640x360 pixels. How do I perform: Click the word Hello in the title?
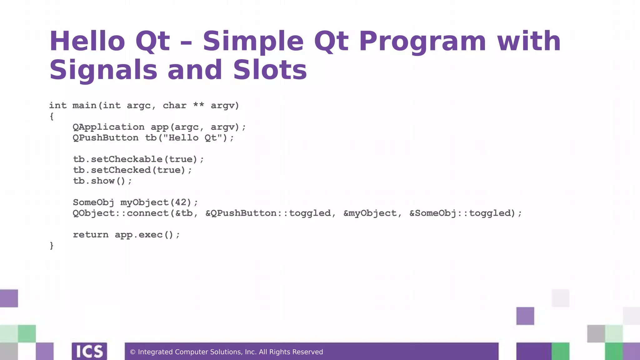pos(87,41)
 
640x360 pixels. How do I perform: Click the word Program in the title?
pos(422,41)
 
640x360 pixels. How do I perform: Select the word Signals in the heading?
pos(103,70)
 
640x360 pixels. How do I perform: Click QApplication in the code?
pos(108,127)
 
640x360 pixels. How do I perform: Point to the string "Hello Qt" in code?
pos(193,138)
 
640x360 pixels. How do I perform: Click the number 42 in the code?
pos(181,202)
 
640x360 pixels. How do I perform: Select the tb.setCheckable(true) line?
pos(138,159)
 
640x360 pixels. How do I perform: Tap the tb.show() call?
pos(102,181)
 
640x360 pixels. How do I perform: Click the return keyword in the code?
pos(91,235)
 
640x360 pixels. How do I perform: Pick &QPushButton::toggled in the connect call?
pos(268,213)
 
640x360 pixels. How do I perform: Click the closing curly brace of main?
pos(52,246)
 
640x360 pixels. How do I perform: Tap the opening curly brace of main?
pos(52,117)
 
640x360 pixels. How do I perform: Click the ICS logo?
pos(89,351)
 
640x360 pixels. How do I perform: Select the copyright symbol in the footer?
pos(132,352)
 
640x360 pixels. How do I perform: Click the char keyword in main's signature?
pos(174,106)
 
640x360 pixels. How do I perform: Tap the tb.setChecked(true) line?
pos(132,170)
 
